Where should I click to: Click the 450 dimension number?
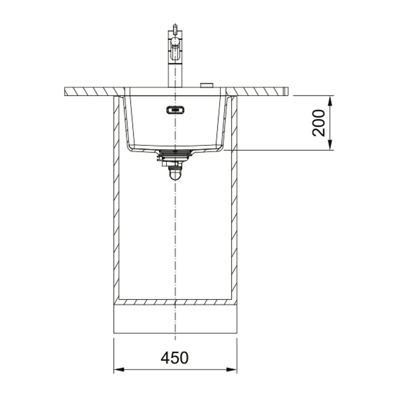pyautogui.click(x=175, y=357)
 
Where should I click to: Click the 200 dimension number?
pyautogui.click(x=318, y=123)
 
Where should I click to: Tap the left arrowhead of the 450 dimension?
pyautogui.click(x=119, y=370)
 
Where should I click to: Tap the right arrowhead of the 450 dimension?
pyautogui.click(x=232, y=370)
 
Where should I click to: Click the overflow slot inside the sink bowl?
pyautogui.click(x=175, y=110)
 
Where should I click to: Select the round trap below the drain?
pyautogui.click(x=175, y=174)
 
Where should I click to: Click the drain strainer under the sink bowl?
pyautogui.click(x=175, y=153)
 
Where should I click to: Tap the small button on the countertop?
pyautogui.click(x=207, y=85)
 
